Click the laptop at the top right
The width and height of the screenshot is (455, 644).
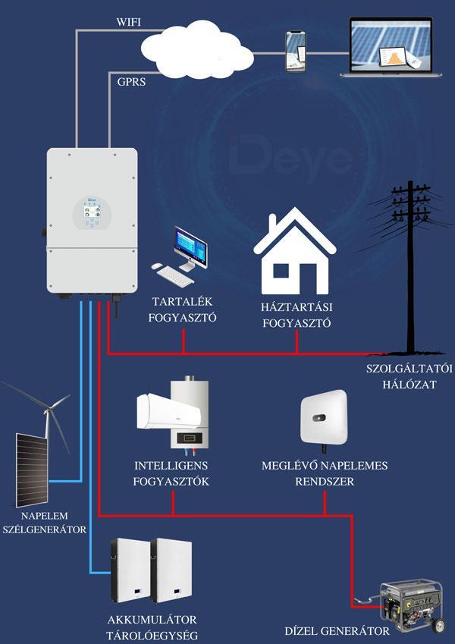(x=394, y=47)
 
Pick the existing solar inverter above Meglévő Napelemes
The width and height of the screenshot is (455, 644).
(x=323, y=418)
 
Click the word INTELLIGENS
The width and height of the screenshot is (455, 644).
(x=171, y=465)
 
